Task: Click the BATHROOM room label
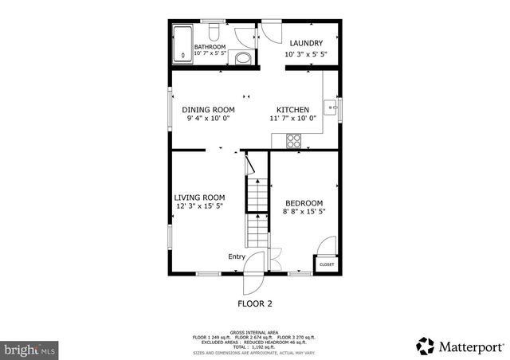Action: click(210, 47)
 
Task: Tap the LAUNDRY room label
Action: click(306, 43)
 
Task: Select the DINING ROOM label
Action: click(208, 110)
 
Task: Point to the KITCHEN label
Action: click(292, 110)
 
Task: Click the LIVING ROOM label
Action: click(199, 198)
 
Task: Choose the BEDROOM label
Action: click(304, 202)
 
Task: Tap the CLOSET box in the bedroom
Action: click(327, 264)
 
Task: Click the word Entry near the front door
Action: click(237, 256)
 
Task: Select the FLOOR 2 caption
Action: click(255, 303)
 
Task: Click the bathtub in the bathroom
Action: click(182, 45)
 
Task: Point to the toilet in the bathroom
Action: click(214, 32)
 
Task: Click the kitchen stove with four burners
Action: click(294, 140)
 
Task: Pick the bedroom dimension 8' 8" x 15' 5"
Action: click(305, 212)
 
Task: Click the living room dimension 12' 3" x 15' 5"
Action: click(200, 207)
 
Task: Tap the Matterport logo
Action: click(460, 346)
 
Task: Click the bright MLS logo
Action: click(30, 348)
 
